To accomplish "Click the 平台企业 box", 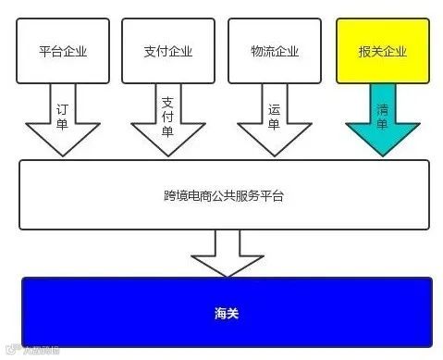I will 63,51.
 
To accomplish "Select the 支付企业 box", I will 168,51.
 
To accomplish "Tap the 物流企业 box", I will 275,51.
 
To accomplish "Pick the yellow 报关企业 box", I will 381,51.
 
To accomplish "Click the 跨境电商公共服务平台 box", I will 225,194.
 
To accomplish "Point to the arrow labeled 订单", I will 62,120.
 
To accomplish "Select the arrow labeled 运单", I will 274,120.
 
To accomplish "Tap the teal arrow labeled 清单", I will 382,120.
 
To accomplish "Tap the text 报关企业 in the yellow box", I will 381,51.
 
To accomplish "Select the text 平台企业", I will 63,51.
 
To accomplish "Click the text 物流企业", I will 275,51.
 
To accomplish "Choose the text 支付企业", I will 168,51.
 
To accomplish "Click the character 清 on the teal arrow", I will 382,108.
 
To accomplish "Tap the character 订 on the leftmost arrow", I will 62,108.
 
